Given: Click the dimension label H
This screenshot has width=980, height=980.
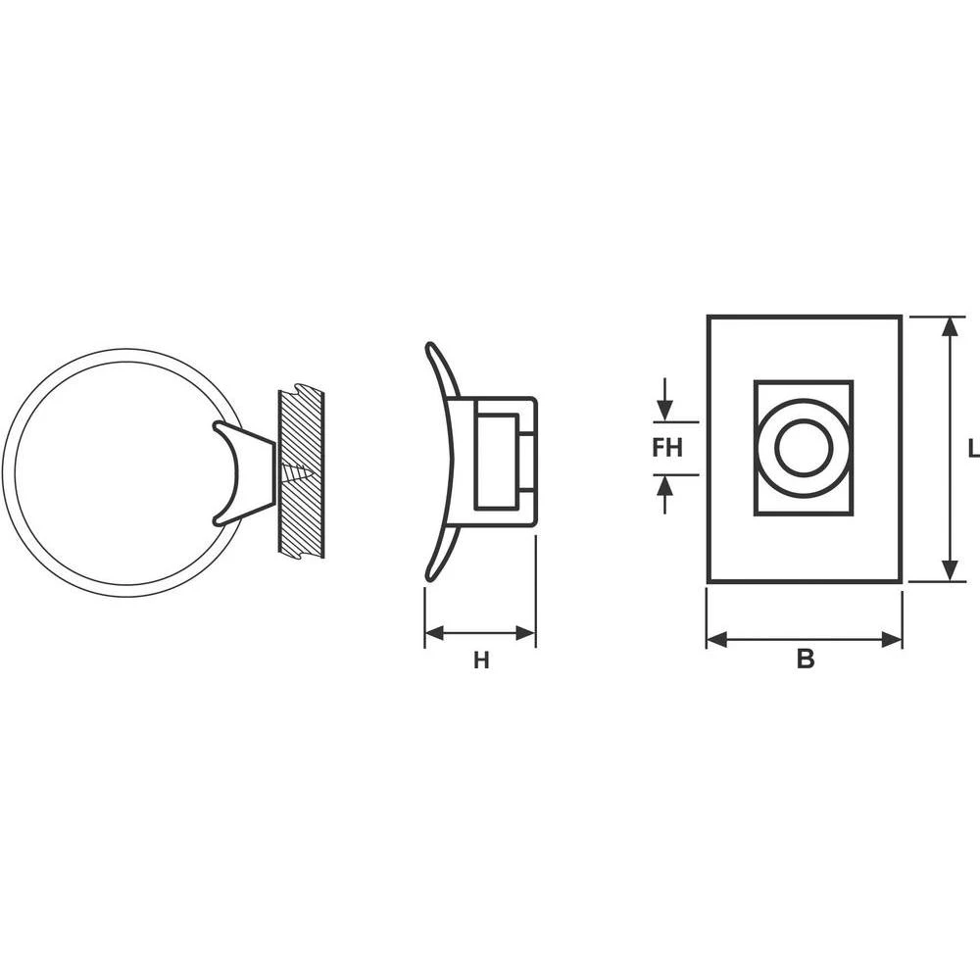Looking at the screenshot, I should tap(480, 661).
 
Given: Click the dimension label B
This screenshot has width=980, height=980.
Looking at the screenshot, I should tap(805, 660).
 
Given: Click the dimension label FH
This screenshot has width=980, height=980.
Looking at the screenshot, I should tap(667, 448).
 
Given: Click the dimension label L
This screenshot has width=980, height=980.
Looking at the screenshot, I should tap(972, 449).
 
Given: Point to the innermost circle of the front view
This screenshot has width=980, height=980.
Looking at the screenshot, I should tap(804, 448).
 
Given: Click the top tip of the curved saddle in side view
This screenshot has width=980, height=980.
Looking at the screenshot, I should tap(429, 345).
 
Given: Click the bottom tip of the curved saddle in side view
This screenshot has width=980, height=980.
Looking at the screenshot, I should tap(428, 577).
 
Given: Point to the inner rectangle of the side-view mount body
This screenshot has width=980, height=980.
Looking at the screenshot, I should tap(496, 461).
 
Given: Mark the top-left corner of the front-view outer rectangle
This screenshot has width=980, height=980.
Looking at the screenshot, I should tap(709, 317).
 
